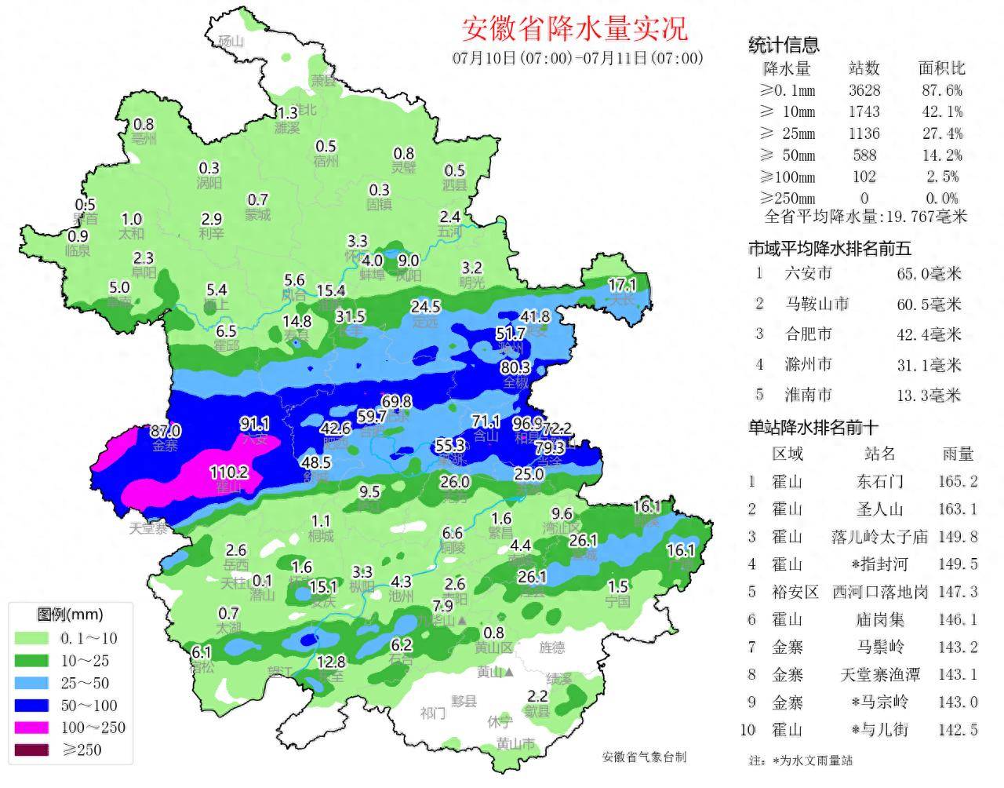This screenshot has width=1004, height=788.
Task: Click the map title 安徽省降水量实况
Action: click(575, 28)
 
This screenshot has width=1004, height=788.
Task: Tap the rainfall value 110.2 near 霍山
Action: click(229, 472)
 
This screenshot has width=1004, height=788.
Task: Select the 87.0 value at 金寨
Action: click(165, 431)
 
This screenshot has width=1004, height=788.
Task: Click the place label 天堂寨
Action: click(148, 528)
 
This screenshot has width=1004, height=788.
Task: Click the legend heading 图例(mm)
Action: click(70, 615)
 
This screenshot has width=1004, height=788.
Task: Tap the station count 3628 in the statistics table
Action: click(864, 90)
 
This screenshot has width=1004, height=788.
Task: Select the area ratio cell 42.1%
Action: click(941, 112)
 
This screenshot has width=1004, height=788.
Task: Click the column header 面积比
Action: click(941, 68)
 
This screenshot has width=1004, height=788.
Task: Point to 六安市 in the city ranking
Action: click(808, 273)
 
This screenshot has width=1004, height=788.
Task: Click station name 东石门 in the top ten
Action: click(879, 481)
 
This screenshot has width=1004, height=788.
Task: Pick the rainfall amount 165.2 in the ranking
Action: click(958, 481)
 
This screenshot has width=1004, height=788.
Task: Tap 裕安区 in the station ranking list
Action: click(787, 592)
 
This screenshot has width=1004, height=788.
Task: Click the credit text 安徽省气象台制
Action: click(644, 757)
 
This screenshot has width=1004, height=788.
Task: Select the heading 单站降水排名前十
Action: click(813, 427)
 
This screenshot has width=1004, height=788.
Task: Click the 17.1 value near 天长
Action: click(622, 284)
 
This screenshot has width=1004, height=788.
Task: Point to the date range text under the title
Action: click(577, 58)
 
